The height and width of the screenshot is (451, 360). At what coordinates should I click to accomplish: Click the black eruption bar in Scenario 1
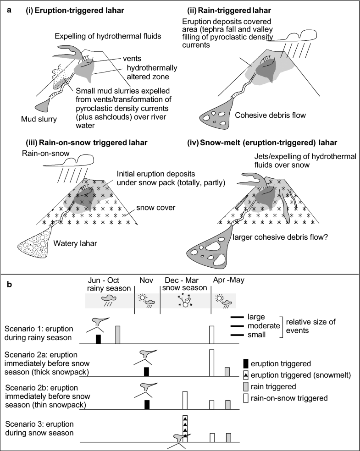(98, 338)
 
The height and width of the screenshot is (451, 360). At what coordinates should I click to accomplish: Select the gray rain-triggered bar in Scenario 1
(117, 335)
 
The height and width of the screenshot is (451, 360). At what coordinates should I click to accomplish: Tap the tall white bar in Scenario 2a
(211, 363)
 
